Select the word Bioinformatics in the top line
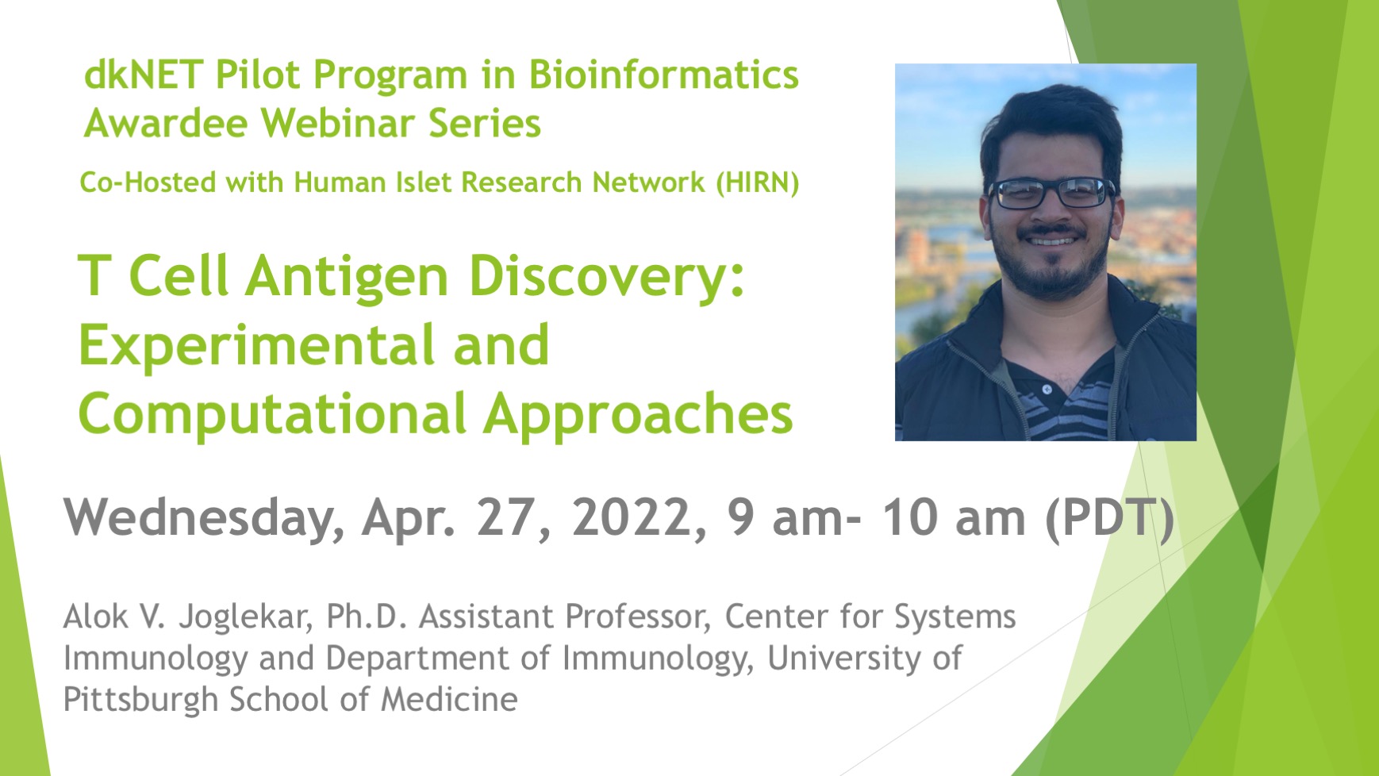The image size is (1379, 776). coord(663,75)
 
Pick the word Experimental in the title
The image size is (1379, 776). coord(257,346)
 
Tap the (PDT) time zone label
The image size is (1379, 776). coord(1109,518)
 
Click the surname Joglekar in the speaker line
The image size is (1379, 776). coord(244,617)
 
